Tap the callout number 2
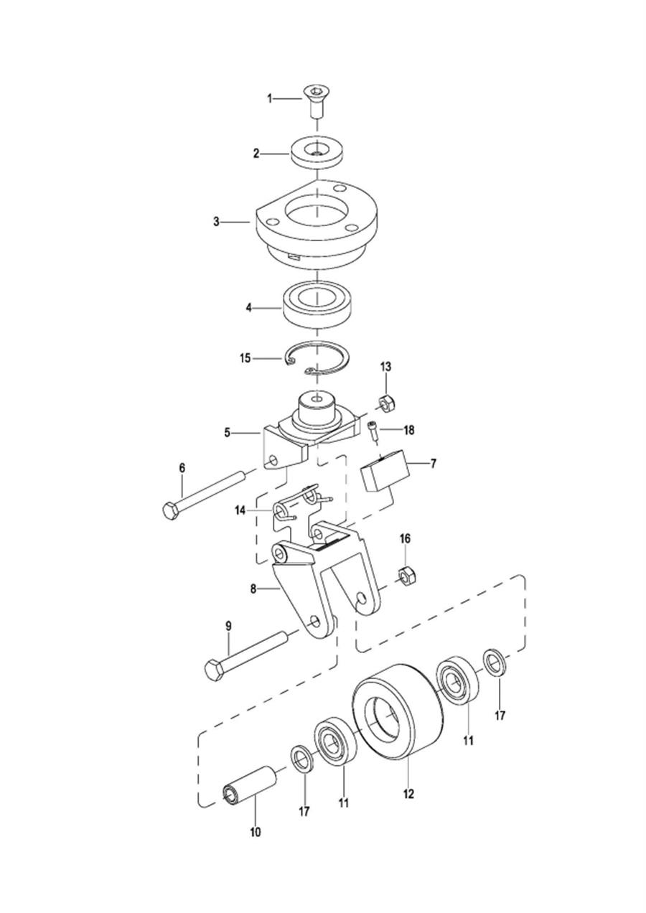(256, 154)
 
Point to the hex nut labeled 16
(406, 576)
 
